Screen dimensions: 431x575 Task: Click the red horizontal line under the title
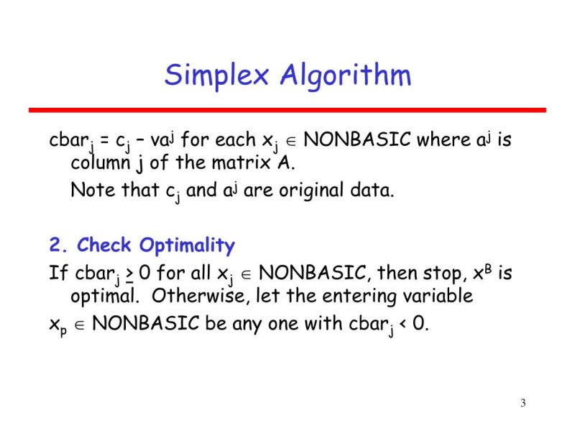287,110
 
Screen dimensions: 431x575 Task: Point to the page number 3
523,402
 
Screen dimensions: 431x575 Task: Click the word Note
89,192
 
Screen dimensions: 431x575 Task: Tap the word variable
438,296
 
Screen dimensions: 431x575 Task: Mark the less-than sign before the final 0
402,323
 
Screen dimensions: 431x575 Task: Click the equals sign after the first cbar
105,139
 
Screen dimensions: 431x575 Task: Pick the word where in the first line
436,139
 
